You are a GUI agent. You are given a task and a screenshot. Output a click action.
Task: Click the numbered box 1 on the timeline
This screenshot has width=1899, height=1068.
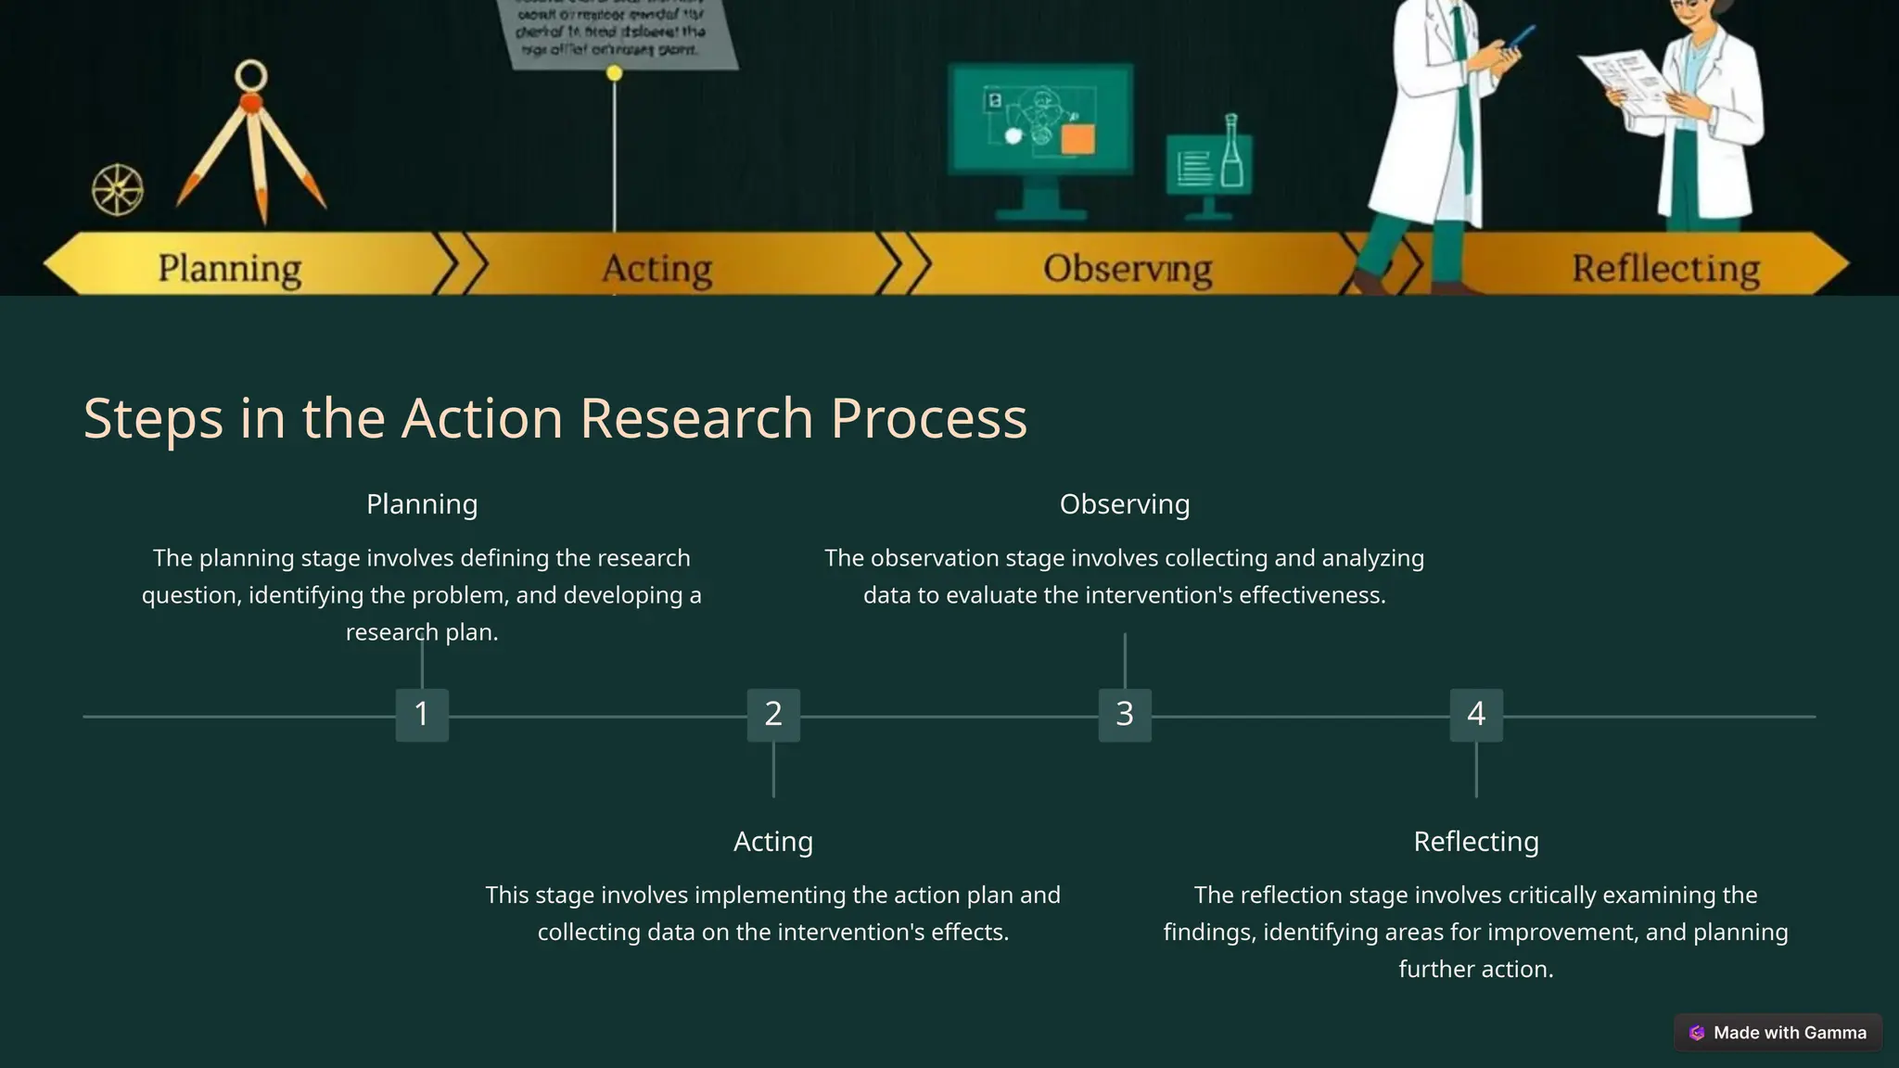click(422, 715)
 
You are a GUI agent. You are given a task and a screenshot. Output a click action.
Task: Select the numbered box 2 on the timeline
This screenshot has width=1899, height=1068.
click(773, 715)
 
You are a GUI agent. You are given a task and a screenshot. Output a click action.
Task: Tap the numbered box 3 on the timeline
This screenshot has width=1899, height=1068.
click(1125, 715)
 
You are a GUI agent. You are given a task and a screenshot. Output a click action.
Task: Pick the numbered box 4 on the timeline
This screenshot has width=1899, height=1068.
click(1476, 715)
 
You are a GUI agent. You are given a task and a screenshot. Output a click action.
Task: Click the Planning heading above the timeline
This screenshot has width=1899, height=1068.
click(422, 504)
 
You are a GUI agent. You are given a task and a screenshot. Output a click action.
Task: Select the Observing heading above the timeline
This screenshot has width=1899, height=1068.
click(1125, 504)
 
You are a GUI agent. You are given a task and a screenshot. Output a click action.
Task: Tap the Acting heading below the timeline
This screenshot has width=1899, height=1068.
click(773, 842)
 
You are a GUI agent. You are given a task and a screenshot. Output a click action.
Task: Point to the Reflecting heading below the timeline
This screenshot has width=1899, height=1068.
click(1476, 842)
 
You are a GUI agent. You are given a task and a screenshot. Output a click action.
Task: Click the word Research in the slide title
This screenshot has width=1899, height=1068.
click(696, 418)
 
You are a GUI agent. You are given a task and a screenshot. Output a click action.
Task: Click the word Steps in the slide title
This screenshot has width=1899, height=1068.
click(153, 418)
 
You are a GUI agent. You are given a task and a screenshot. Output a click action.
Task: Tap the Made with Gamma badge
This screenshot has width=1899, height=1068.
click(1778, 1033)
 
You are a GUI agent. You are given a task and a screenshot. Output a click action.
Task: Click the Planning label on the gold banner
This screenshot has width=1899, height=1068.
click(230, 268)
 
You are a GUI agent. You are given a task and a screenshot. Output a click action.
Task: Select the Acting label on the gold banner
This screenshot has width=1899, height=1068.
click(657, 268)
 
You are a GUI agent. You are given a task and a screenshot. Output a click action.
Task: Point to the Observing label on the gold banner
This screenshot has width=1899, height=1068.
click(1128, 268)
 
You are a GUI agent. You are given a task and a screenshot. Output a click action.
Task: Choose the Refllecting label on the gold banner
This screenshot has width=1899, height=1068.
click(1665, 268)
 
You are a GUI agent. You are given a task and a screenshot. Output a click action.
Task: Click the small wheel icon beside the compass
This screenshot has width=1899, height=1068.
click(118, 190)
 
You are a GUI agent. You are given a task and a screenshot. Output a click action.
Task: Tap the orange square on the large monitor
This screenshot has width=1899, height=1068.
click(1077, 140)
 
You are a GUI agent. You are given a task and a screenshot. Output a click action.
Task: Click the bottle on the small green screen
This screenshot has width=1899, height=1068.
click(1231, 153)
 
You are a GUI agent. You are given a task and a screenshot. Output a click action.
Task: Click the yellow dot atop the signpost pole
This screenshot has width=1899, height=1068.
click(614, 73)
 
